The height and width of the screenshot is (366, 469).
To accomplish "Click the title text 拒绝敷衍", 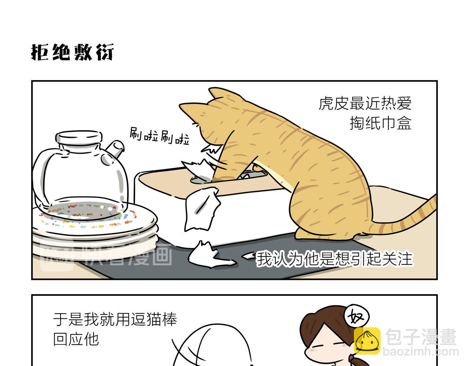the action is click(72, 52).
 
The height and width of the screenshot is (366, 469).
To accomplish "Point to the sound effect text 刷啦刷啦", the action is click(159, 136).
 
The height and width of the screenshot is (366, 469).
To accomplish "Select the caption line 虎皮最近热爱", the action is click(365, 104).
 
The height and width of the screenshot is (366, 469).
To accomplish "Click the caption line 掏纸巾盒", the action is click(380, 123).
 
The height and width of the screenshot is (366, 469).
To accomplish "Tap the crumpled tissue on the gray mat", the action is click(209, 255).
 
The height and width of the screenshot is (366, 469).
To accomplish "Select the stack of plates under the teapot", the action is click(95, 231).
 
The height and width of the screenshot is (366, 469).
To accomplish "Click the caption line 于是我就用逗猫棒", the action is click(115, 319).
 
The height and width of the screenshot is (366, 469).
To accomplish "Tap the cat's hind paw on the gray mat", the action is click(306, 235).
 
